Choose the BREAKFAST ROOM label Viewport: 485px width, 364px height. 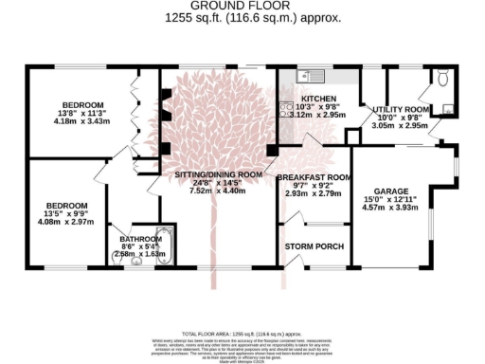(x=314, y=177)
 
